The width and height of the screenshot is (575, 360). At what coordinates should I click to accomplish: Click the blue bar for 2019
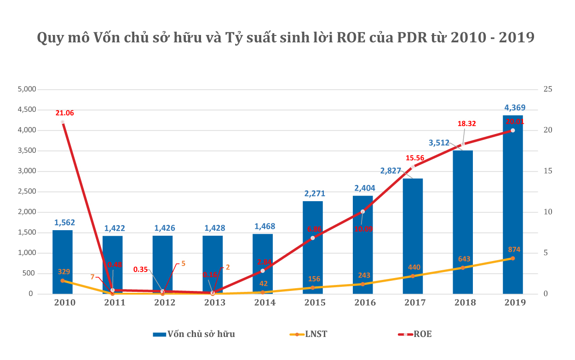click(x=512, y=207)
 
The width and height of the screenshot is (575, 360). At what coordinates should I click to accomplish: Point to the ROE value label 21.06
click(x=65, y=113)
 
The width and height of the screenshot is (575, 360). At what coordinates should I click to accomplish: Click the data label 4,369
click(x=515, y=108)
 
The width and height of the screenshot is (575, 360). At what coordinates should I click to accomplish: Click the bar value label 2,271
click(x=315, y=193)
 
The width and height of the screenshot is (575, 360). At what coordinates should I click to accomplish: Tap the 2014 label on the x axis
click(x=264, y=302)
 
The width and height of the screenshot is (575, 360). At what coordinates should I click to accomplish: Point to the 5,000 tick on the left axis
click(x=26, y=89)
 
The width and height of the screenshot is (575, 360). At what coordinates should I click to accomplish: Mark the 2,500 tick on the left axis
click(x=26, y=192)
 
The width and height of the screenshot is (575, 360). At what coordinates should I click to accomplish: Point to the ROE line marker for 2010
click(x=63, y=122)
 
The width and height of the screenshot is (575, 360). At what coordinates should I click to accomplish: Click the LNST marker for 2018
click(x=463, y=267)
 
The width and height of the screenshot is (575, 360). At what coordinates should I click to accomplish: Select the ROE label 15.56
click(x=415, y=158)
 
